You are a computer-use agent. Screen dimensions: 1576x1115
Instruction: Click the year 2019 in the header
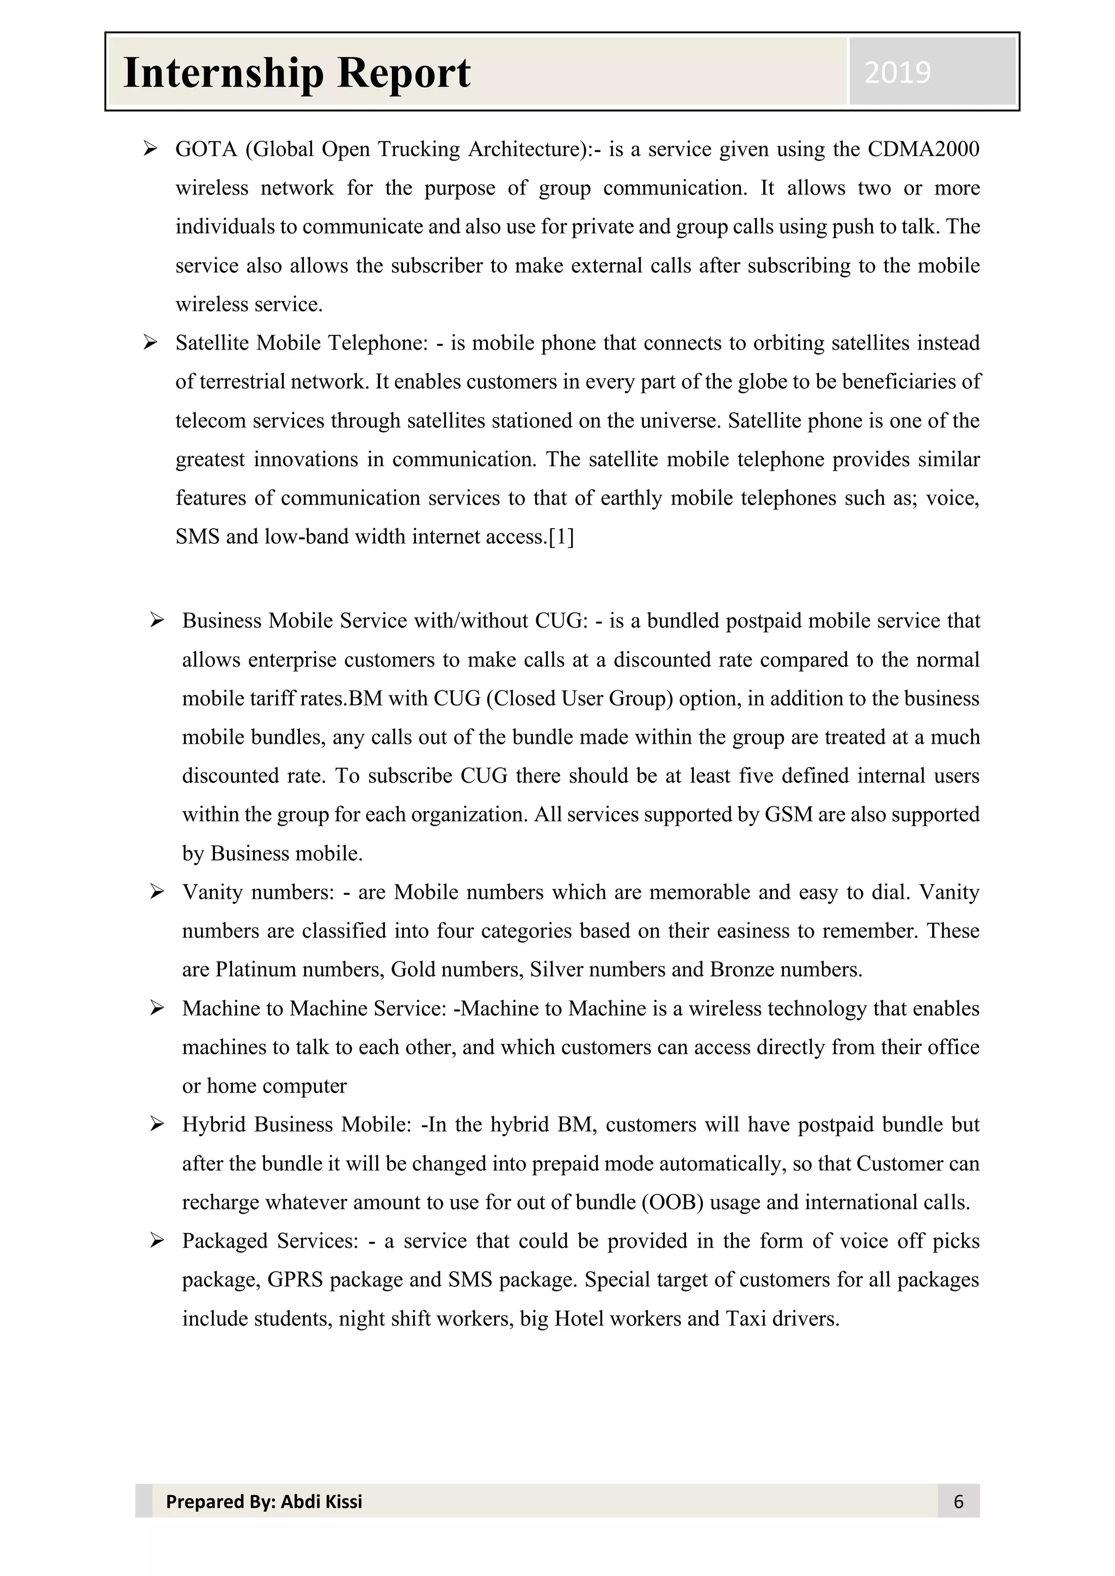click(x=897, y=72)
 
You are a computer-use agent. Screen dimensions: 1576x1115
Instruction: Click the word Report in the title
click(x=403, y=73)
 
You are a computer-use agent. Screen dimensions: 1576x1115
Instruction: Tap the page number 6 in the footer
click(x=958, y=1501)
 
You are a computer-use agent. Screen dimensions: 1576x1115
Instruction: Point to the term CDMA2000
click(x=923, y=149)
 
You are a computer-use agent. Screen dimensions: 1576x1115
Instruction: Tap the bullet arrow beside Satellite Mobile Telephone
click(x=150, y=342)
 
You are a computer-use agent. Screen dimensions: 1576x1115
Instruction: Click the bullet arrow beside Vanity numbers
click(x=157, y=892)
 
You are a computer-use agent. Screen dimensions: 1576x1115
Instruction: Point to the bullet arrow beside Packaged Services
click(x=157, y=1240)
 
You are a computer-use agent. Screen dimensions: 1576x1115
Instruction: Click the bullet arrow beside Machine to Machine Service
click(x=157, y=1008)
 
